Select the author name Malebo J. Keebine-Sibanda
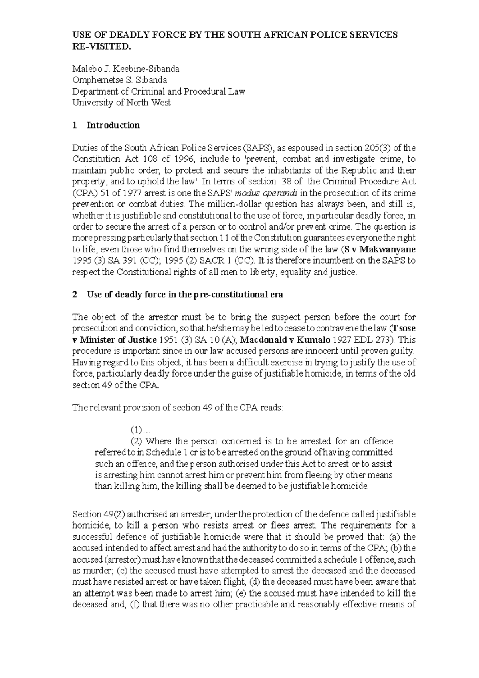tap(126, 69)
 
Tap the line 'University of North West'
tap(121, 103)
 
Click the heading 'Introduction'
tap(113, 125)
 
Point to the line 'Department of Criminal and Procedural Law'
tap(158, 91)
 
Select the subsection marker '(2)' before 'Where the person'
tap(137, 441)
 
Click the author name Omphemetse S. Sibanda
tap(119, 80)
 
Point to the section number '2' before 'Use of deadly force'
tap(74, 295)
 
